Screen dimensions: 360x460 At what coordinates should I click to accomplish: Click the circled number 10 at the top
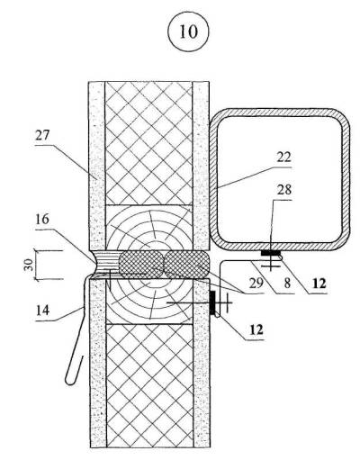click(x=188, y=32)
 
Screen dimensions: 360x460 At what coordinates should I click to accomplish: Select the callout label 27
click(x=42, y=136)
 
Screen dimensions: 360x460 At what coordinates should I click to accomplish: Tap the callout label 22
click(x=283, y=157)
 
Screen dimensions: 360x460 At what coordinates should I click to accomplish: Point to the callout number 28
click(x=284, y=190)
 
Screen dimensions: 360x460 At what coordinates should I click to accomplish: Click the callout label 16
click(x=42, y=219)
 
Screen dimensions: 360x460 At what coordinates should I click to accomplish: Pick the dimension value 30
click(x=29, y=265)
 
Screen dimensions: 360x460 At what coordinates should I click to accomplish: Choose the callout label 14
click(x=42, y=310)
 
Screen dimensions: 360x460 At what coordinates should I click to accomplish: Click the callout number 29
click(x=256, y=283)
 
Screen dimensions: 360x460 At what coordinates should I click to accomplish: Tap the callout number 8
click(x=287, y=284)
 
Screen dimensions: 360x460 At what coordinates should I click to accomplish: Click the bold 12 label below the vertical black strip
click(x=256, y=329)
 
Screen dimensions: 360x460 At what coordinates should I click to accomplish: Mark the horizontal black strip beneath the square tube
click(x=271, y=253)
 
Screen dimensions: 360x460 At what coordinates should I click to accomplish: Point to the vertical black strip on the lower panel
click(x=212, y=302)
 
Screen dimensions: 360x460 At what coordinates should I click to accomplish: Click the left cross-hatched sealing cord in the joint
click(x=141, y=264)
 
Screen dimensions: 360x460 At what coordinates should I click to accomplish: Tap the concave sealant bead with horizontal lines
click(x=106, y=264)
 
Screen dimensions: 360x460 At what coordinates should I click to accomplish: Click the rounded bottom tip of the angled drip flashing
click(x=70, y=381)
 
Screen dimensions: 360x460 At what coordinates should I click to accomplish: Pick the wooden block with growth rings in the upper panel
click(x=148, y=228)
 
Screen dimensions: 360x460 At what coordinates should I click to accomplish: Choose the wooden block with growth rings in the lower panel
click(x=148, y=301)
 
